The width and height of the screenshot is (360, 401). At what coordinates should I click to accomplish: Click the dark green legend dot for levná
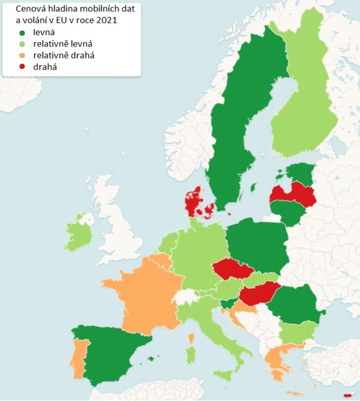pyautogui.click(x=22, y=32)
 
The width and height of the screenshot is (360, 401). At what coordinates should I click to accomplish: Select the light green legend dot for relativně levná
pyautogui.click(x=22, y=44)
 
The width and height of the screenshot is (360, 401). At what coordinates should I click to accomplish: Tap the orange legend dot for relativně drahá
pyautogui.click(x=22, y=56)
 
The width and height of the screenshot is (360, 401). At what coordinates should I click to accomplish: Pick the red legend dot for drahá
pyautogui.click(x=22, y=67)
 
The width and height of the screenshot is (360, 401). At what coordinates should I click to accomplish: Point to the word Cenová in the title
pyautogui.click(x=30, y=9)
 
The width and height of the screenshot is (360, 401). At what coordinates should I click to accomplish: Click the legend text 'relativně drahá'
pyautogui.click(x=64, y=56)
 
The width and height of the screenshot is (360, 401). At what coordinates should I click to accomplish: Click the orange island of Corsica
pyautogui.click(x=192, y=338)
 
